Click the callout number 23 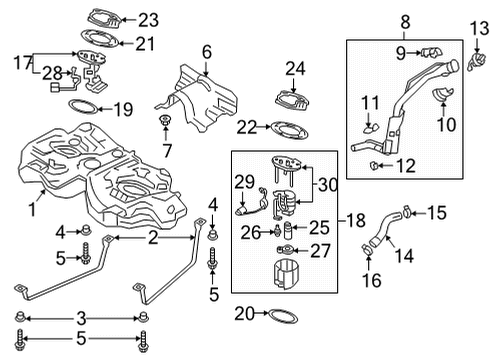(148, 20)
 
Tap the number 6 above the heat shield (207, 52)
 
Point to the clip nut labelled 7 (165, 119)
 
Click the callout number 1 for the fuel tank (32, 210)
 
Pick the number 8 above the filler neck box (405, 22)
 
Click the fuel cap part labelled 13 (476, 61)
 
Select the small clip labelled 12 (374, 165)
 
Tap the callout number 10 (446, 124)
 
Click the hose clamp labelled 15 (407, 211)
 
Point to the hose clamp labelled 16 (368, 249)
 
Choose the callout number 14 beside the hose (404, 256)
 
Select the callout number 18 (356, 220)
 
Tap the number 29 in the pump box (244, 182)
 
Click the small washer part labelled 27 (285, 249)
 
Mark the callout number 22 (247, 127)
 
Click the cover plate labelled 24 (292, 99)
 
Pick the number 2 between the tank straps (153, 238)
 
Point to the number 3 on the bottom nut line (82, 319)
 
